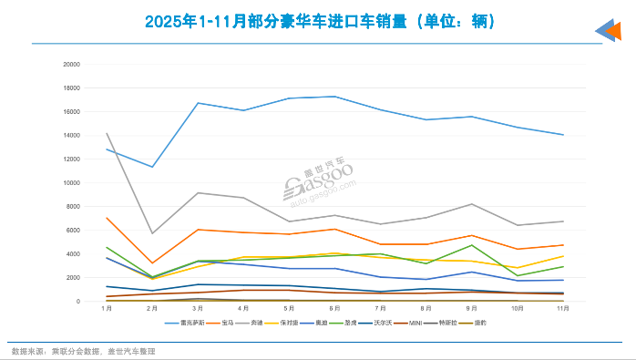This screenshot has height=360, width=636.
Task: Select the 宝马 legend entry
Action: coord(222,323)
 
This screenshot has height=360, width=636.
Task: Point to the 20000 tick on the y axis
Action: coord(71,64)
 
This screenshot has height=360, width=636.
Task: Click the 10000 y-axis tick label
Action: coord(71,182)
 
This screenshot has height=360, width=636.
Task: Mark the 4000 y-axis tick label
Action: coord(73,253)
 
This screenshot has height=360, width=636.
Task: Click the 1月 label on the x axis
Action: coord(108,310)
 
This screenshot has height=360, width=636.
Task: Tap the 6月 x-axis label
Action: coord(335,310)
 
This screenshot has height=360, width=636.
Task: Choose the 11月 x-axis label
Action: coord(563,310)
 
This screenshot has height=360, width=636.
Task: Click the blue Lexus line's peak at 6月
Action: coord(335,96)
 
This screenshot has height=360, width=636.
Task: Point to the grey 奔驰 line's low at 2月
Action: coord(153,233)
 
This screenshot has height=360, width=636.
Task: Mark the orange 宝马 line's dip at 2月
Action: coord(153,263)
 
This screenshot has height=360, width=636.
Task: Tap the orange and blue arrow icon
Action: coord(608,31)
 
